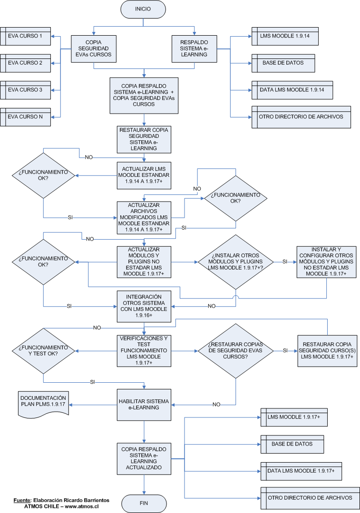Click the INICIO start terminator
click(x=144, y=9)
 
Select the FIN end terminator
click(x=144, y=503)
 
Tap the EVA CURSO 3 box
click(x=26, y=90)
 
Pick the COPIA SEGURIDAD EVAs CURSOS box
click(x=93, y=48)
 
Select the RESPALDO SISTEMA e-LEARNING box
click(x=194, y=48)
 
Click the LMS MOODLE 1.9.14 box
click(x=284, y=36)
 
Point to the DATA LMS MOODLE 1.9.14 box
click(x=284, y=90)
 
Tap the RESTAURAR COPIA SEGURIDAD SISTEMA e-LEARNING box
click(x=144, y=138)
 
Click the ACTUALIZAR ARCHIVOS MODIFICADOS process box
click(x=144, y=217)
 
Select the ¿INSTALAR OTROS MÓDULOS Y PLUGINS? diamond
click(x=235, y=262)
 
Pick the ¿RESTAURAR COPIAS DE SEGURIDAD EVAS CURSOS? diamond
click(x=235, y=350)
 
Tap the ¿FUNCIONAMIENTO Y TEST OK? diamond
click(x=43, y=350)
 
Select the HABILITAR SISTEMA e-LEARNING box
click(x=144, y=405)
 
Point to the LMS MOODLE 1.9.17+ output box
click(x=292, y=417)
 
